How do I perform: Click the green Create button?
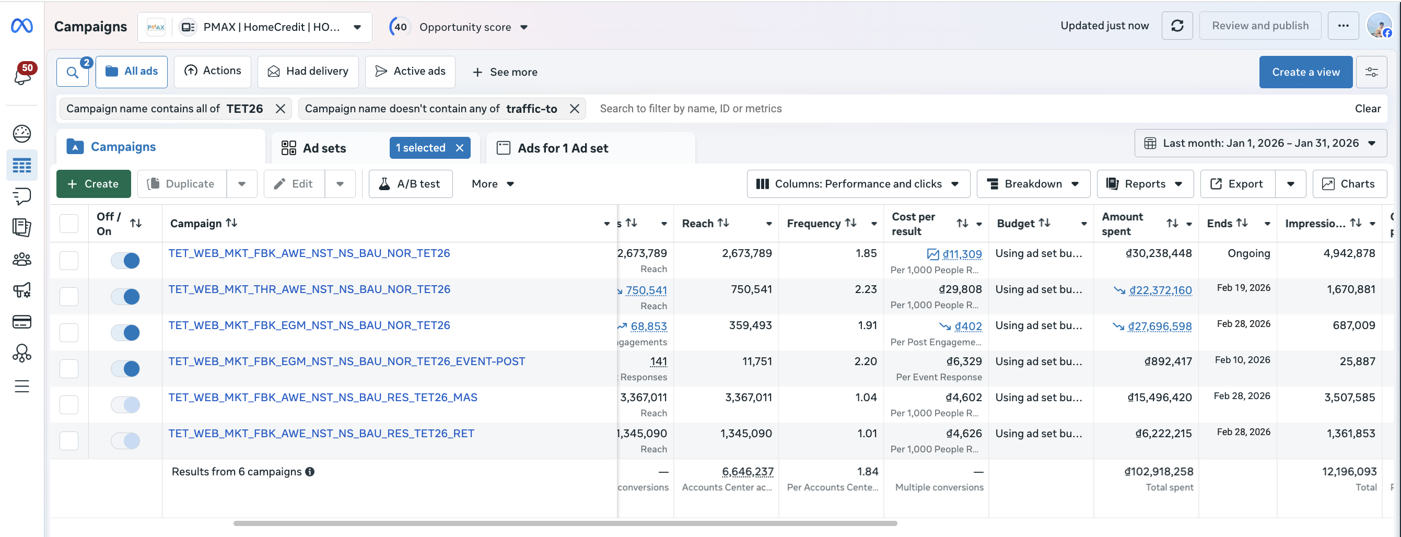coord(94,184)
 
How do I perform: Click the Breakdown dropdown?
coord(1033,184)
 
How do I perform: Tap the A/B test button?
coord(410,184)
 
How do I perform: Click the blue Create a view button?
coord(1305,72)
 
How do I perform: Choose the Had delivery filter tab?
coord(308,71)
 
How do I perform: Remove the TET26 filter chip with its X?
coord(281,109)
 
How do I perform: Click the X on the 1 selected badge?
coord(460,148)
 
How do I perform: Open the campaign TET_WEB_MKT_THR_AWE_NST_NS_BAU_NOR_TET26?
coord(309,289)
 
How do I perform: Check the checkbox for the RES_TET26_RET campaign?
coord(69,441)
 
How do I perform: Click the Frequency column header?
coord(814,223)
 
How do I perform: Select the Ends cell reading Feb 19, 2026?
coord(1243,288)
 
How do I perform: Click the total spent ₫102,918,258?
coord(1159,472)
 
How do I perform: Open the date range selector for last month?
coord(1260,143)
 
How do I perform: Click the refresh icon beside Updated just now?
coord(1177,26)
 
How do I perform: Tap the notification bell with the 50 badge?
coord(23,75)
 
